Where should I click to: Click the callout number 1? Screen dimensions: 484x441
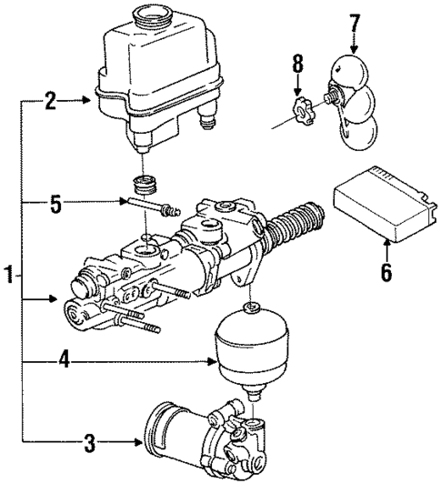click(x=8, y=273)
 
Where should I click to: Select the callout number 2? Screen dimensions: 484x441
click(x=51, y=102)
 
